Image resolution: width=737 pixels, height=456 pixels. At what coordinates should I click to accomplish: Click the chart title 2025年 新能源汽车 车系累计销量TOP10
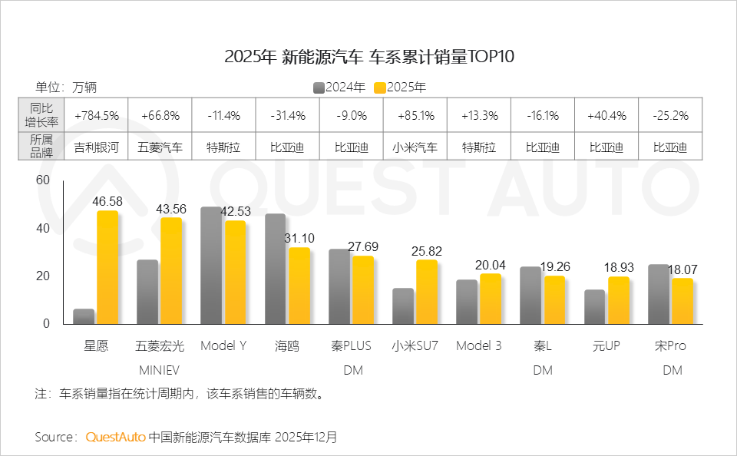368,56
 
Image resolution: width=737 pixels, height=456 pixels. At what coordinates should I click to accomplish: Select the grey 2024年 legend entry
339,88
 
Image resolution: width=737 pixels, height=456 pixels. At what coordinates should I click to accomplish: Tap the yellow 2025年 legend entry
400,88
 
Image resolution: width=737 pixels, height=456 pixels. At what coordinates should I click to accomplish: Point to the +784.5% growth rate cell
97,116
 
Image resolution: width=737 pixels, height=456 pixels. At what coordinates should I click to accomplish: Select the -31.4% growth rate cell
288,116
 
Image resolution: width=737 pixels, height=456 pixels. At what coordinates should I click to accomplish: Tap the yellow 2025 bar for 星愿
107,267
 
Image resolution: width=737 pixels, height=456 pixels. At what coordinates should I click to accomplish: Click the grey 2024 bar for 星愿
84,316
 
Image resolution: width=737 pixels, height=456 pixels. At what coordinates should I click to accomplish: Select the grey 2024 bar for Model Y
211,265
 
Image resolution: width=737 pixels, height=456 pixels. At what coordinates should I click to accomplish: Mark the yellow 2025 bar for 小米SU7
426,292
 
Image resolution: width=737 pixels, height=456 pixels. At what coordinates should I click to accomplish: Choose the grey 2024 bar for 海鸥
275,269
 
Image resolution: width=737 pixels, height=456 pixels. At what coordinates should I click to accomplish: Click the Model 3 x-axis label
478,346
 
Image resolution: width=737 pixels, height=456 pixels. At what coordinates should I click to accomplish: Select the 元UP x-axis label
606,346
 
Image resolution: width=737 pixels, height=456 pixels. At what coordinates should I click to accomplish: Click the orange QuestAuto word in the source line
115,437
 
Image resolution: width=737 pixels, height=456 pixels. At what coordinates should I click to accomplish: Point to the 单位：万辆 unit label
66,88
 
